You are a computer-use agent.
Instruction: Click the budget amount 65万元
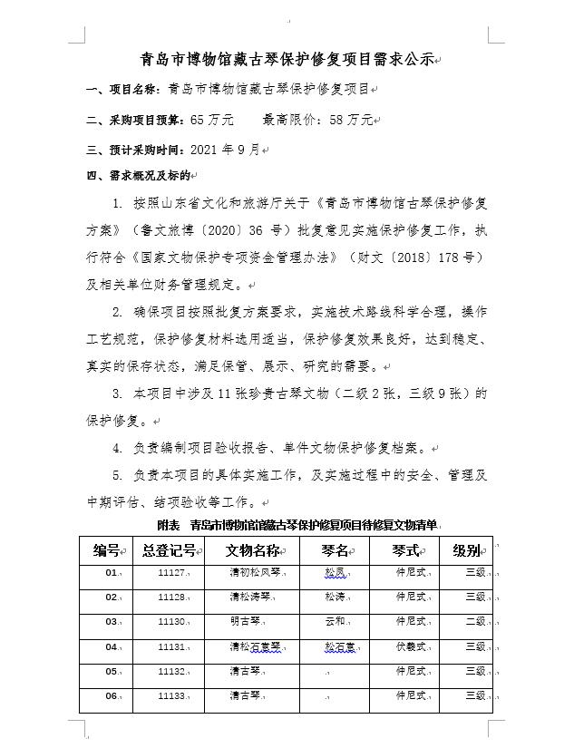coord(211,119)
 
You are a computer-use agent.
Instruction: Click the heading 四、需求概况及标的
coord(138,175)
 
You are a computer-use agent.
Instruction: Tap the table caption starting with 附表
coord(297,525)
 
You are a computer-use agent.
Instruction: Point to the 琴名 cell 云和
coord(335,622)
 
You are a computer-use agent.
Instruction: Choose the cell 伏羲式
coord(410,647)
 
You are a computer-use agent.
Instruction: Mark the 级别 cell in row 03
coord(475,622)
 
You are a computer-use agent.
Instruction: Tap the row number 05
coord(112,672)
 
